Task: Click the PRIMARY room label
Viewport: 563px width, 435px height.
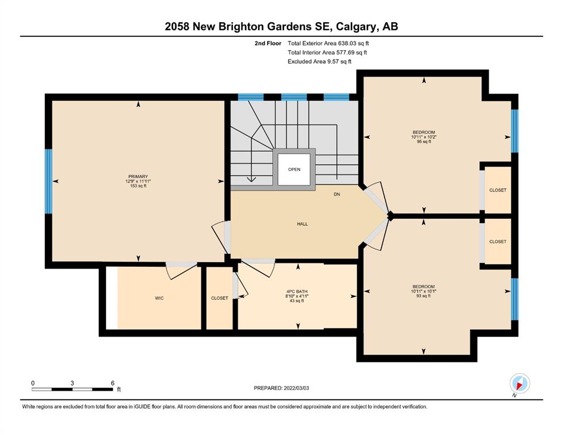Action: tap(138, 177)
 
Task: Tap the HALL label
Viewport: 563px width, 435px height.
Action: tap(302, 224)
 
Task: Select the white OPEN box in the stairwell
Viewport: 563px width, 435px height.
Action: tap(294, 169)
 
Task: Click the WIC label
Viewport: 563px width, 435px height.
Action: tap(159, 298)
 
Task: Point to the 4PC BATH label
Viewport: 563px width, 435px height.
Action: tap(297, 292)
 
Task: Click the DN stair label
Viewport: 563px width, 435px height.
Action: tap(337, 194)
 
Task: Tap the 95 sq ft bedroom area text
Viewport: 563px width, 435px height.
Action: tap(424, 142)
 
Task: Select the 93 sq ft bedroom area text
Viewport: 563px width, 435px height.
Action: tap(424, 296)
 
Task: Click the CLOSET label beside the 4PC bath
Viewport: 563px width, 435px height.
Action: tap(219, 298)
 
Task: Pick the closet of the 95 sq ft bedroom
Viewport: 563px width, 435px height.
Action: tap(498, 190)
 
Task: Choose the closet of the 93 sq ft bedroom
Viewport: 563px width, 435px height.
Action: tap(498, 242)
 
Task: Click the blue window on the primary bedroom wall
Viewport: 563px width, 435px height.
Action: tap(48, 181)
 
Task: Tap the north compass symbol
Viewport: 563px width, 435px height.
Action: tap(519, 383)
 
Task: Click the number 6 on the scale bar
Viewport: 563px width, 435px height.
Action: tap(112, 383)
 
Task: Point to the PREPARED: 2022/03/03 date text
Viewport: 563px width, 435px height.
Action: tap(281, 388)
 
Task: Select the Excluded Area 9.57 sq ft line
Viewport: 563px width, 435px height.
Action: tap(320, 62)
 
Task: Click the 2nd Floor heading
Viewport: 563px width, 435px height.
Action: tap(268, 44)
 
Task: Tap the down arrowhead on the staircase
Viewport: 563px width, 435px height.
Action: tap(251, 180)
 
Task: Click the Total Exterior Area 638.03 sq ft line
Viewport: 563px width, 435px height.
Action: tap(328, 44)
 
